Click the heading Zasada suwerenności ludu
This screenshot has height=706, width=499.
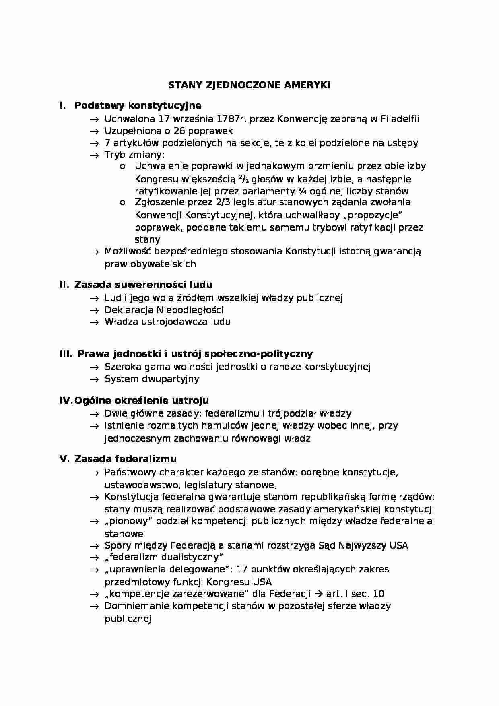pyautogui.click(x=143, y=285)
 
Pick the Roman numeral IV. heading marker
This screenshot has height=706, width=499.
pyautogui.click(x=66, y=400)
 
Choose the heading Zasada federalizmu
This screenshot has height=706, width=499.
pyautogui.click(x=126, y=459)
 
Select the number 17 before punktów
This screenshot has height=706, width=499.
pyautogui.click(x=242, y=569)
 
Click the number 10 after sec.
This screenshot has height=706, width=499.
pyautogui.click(x=378, y=594)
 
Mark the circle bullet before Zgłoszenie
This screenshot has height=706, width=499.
pyautogui.click(x=122, y=202)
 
